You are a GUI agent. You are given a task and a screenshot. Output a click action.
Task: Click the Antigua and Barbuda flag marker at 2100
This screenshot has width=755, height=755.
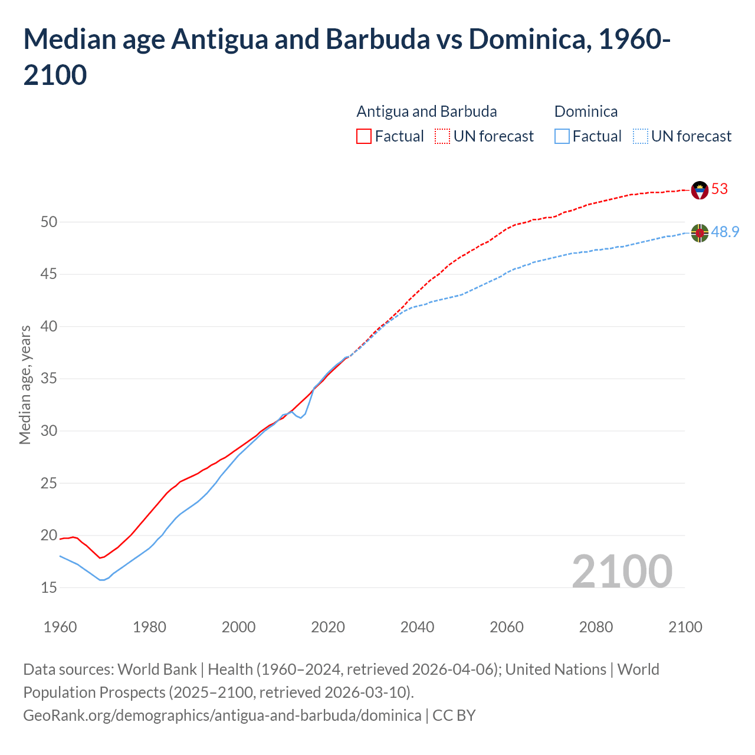pos(700,190)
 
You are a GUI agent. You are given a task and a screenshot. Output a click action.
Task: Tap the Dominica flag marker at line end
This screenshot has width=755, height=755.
pos(700,233)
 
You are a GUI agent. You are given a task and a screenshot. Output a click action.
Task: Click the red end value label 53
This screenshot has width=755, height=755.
pos(720,189)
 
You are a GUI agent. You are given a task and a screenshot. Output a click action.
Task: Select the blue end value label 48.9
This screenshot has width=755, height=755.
pos(725,232)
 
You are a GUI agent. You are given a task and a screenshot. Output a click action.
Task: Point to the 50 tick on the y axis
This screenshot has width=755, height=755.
pos(49,222)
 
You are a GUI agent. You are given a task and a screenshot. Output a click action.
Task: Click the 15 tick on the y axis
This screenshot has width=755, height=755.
pos(49,588)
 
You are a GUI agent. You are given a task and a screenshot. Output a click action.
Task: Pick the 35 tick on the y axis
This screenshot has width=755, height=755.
pos(49,379)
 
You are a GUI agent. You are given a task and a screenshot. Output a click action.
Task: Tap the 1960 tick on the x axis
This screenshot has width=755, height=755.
pos(60,627)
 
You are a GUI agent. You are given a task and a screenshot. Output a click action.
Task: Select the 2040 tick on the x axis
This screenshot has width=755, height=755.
pos(417,627)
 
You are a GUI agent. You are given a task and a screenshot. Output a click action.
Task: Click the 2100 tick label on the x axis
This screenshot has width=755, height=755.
pos(685,627)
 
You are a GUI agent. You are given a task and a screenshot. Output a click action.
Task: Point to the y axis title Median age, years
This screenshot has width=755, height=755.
pos(25,385)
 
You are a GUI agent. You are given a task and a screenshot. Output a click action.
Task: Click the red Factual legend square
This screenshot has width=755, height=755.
pos(364,136)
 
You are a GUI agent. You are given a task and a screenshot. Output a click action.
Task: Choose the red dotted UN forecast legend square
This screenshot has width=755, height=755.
pos(442,136)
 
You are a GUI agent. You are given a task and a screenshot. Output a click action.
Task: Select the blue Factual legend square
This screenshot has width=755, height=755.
pos(562,136)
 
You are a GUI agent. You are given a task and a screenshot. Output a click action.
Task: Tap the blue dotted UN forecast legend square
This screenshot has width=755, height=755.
pos(640,136)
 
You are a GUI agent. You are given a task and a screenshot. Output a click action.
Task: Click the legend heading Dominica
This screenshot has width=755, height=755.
pos(586,111)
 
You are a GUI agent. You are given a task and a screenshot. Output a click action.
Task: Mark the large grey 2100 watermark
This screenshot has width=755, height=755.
pos(622,571)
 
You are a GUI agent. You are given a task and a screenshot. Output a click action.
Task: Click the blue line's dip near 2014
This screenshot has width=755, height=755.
pos(301,418)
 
